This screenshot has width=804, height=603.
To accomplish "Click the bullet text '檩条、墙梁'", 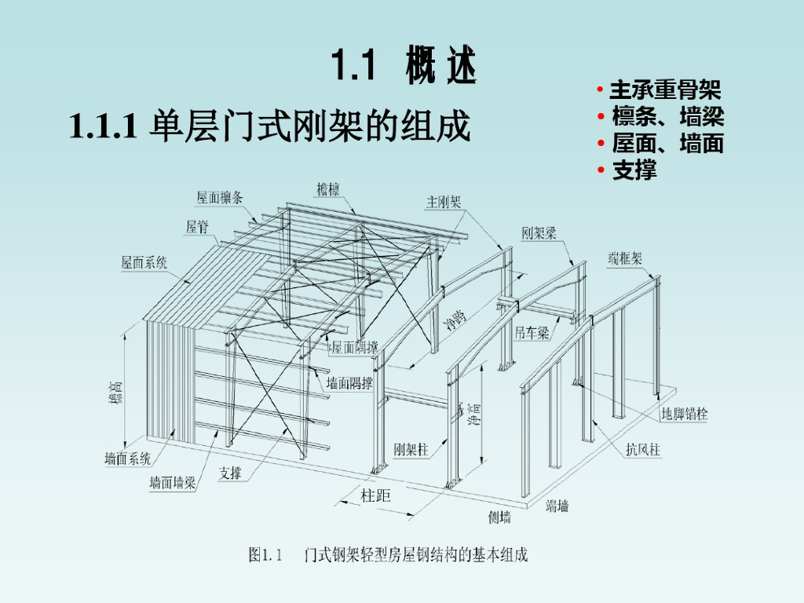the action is [667, 117].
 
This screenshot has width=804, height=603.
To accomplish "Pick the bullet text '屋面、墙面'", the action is [667, 144].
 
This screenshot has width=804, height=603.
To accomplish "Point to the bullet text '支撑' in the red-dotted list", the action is [634, 170].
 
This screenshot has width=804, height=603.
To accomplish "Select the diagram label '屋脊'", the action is [197, 228].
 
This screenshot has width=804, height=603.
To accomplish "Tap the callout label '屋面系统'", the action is [144, 262].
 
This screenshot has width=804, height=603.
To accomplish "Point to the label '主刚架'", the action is [444, 202].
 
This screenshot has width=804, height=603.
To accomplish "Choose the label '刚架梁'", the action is [539, 233].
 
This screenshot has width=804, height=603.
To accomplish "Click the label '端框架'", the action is [625, 258].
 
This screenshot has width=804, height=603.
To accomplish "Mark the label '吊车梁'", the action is [532, 333].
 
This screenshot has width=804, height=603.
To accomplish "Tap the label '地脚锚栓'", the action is [684, 414].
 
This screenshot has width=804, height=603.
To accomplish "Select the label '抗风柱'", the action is [643, 450].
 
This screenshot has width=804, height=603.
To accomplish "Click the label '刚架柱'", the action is [411, 450].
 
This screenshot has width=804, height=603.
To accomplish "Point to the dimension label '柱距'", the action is [375, 495].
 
